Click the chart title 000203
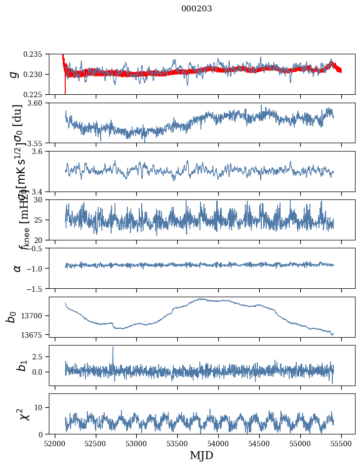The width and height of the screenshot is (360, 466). click(x=197, y=9)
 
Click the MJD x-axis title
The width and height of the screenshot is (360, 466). click(x=201, y=456)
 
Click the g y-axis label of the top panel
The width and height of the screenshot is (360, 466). click(x=14, y=74)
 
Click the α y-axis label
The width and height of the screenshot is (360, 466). click(x=17, y=268)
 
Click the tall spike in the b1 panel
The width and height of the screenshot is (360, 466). click(x=113, y=348)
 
